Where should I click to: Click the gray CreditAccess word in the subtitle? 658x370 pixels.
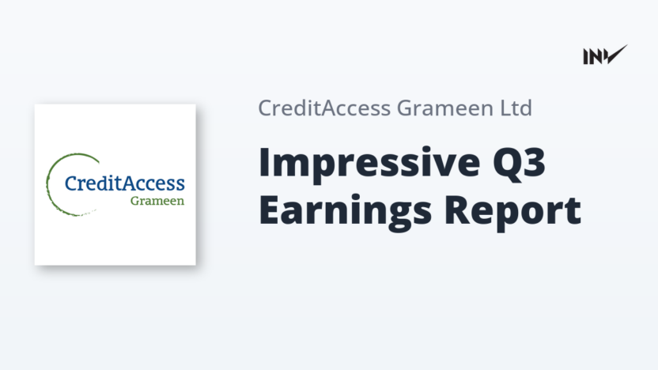pyautogui.click(x=324, y=108)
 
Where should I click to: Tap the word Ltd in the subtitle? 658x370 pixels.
pyautogui.click(x=516, y=108)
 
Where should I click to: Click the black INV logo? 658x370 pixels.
pyautogui.click(x=605, y=55)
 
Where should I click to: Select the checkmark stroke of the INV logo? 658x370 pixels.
pyautogui.click(x=616, y=55)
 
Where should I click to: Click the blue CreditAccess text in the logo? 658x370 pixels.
pyautogui.click(x=125, y=183)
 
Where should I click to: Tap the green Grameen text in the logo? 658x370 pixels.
pyautogui.click(x=157, y=201)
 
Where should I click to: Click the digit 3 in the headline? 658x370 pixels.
pyautogui.click(x=534, y=162)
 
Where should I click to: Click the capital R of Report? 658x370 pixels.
pyautogui.click(x=456, y=210)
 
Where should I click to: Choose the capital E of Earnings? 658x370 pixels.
pyautogui.click(x=269, y=210)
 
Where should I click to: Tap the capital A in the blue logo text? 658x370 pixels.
pyautogui.click(x=130, y=183)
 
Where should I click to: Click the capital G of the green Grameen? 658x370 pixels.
pyautogui.click(x=135, y=201)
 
